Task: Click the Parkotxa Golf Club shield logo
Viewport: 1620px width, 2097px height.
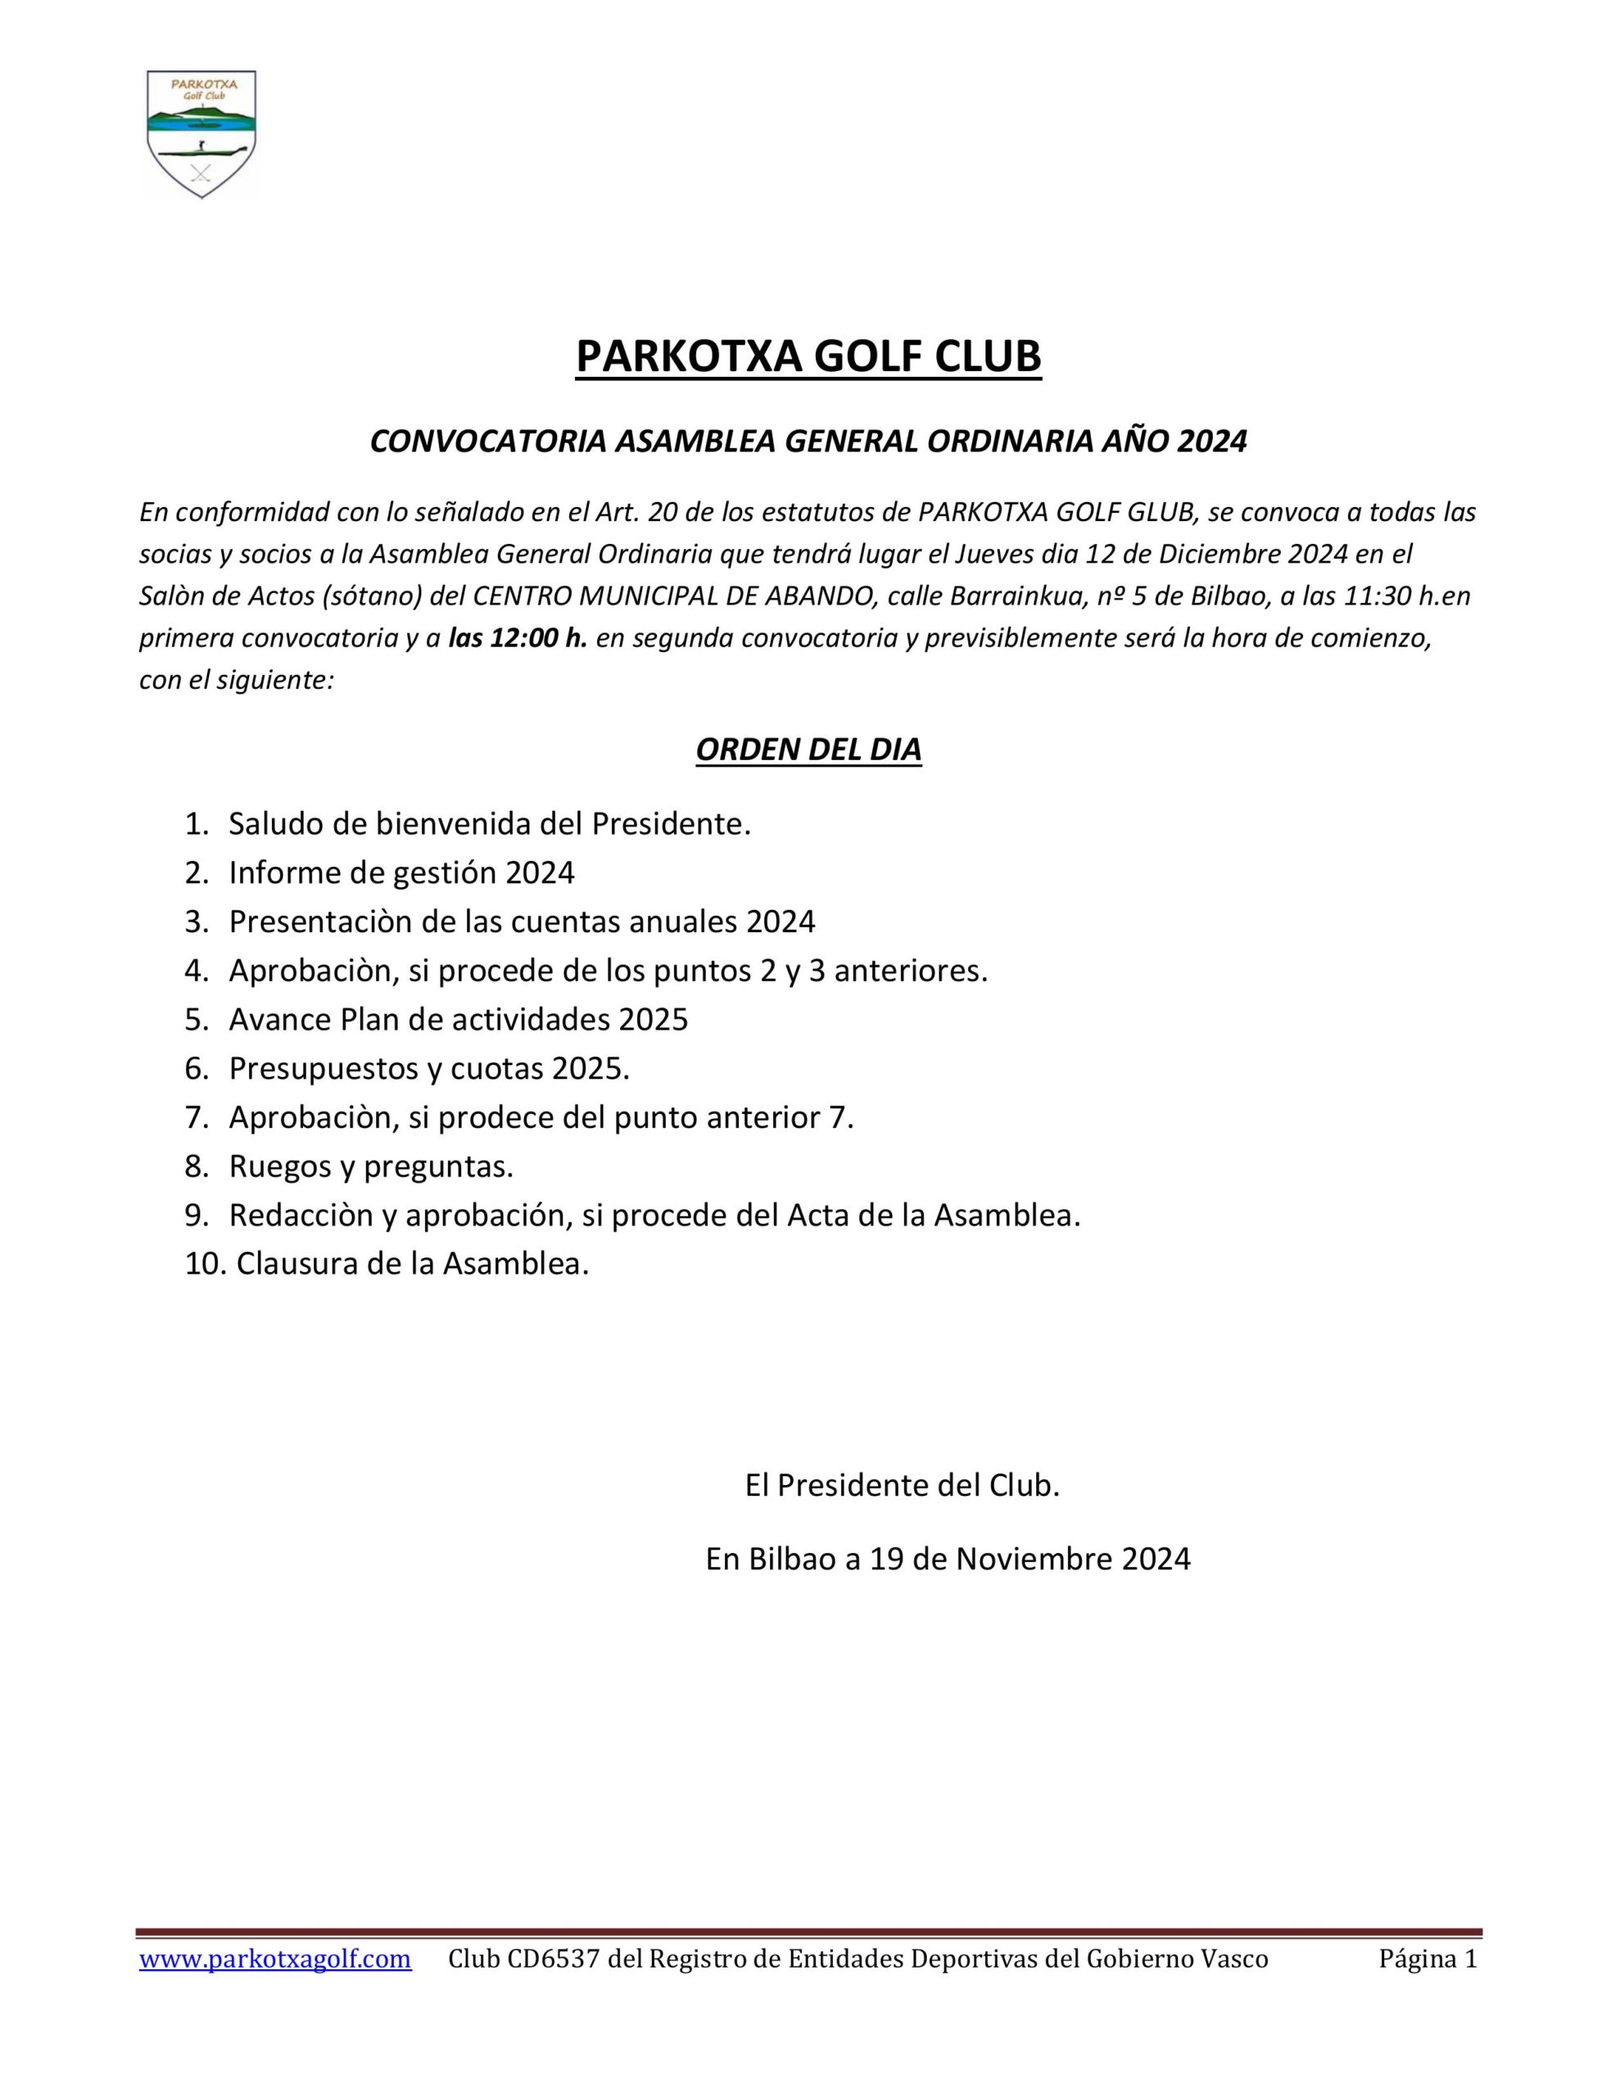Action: [x=201, y=134]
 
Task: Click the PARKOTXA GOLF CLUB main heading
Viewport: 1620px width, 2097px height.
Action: [x=808, y=356]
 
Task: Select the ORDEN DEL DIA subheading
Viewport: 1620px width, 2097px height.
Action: [x=808, y=750]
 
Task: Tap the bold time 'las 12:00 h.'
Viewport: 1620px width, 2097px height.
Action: [x=518, y=638]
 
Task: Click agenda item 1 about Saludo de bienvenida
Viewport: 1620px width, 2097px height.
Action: [x=489, y=824]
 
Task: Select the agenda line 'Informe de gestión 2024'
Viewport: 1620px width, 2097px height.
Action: [x=401, y=872]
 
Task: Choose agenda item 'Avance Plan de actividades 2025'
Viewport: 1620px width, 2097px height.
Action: [x=458, y=1019]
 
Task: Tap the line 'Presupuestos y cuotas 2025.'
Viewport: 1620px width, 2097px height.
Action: [x=429, y=1067]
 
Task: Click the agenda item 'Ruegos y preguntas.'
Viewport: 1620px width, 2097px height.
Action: [x=371, y=1166]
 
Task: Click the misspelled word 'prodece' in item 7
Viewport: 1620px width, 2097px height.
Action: [x=547, y=1116]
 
